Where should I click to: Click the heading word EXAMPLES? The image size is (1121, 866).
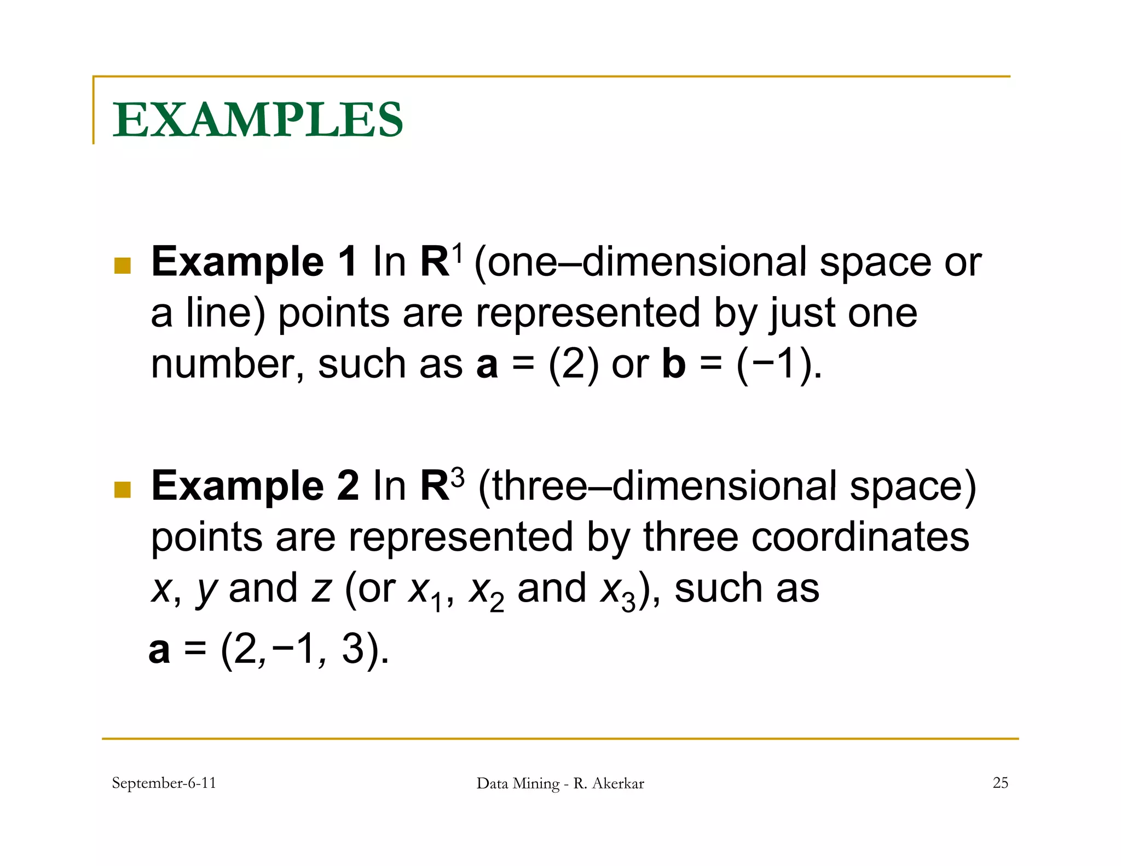tap(258, 120)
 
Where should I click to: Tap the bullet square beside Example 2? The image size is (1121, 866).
tap(123, 489)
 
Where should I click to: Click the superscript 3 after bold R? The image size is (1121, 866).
tap(458, 477)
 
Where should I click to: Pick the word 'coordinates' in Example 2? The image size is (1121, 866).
tap(860, 537)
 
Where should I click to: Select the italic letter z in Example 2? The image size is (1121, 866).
tap(321, 589)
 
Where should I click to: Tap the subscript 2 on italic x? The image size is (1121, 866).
tap(496, 603)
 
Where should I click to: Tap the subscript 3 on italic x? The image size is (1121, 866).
tap(628, 603)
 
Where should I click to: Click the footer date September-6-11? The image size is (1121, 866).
tap(164, 783)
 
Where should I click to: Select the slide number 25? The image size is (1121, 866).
tap(1000, 783)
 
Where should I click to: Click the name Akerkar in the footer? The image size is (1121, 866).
tap(618, 783)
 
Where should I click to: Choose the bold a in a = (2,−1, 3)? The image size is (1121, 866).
tap(159, 650)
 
